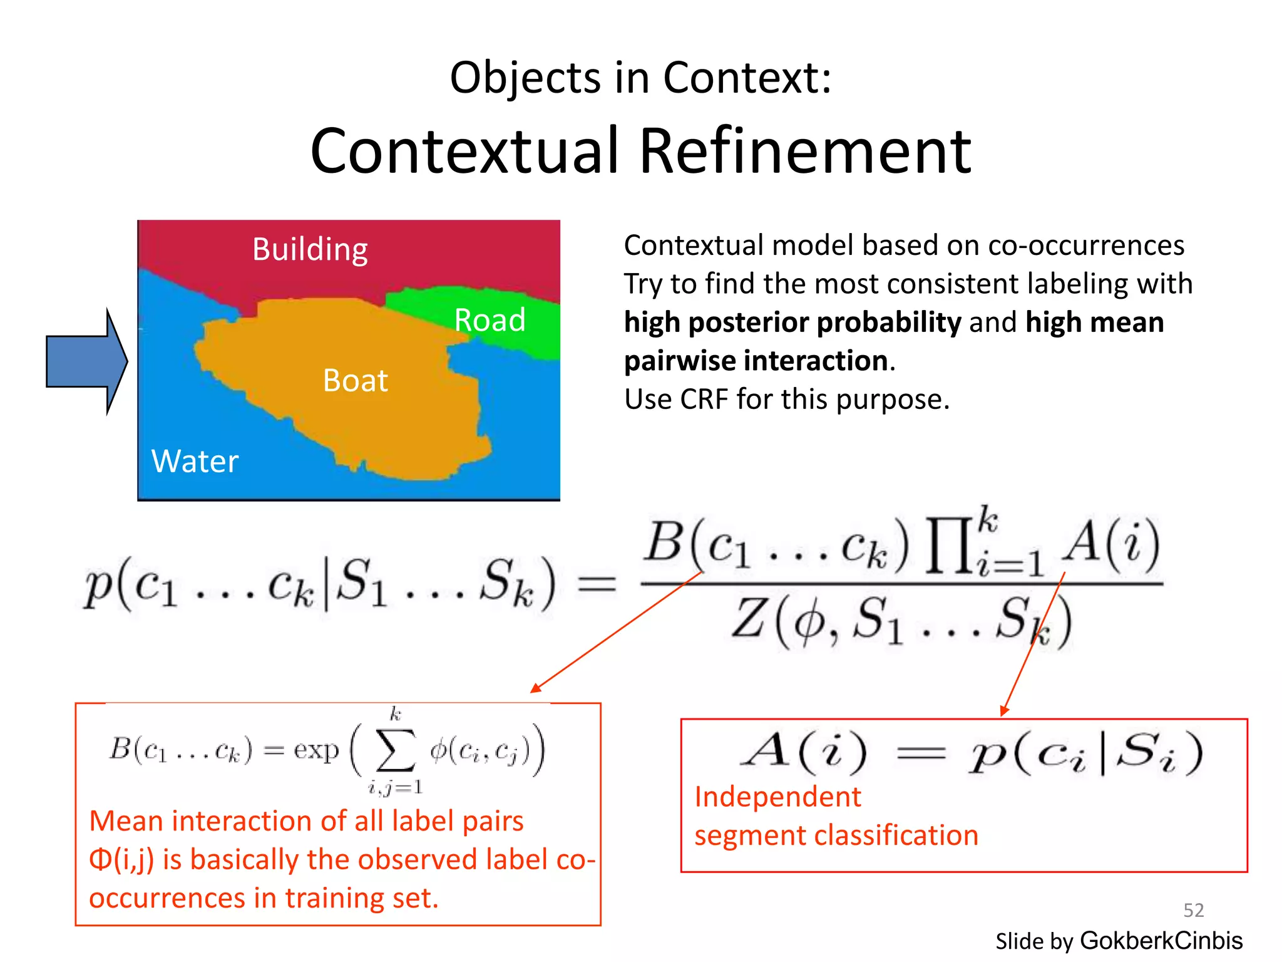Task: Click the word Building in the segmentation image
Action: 310,249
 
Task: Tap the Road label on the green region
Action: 490,320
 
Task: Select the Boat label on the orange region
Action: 355,380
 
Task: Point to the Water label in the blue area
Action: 195,462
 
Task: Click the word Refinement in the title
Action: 805,151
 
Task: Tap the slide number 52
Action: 1193,910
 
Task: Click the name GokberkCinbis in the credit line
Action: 1161,941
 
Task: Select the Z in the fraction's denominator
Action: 751,619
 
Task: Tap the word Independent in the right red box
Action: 777,797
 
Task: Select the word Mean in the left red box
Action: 126,821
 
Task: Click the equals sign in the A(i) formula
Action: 920,753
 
